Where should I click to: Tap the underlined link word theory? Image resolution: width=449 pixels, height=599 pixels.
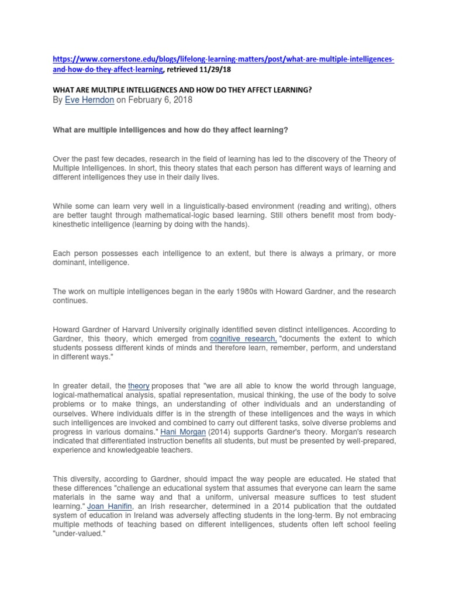tap(139, 385)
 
